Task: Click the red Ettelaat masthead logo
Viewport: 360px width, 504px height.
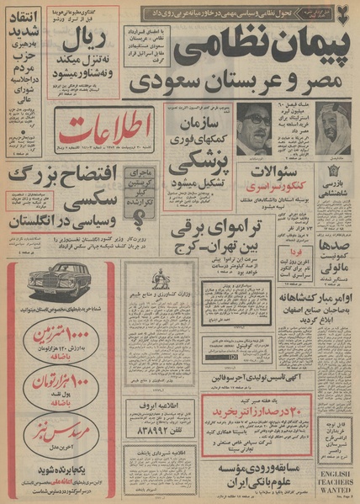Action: (x=92, y=125)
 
